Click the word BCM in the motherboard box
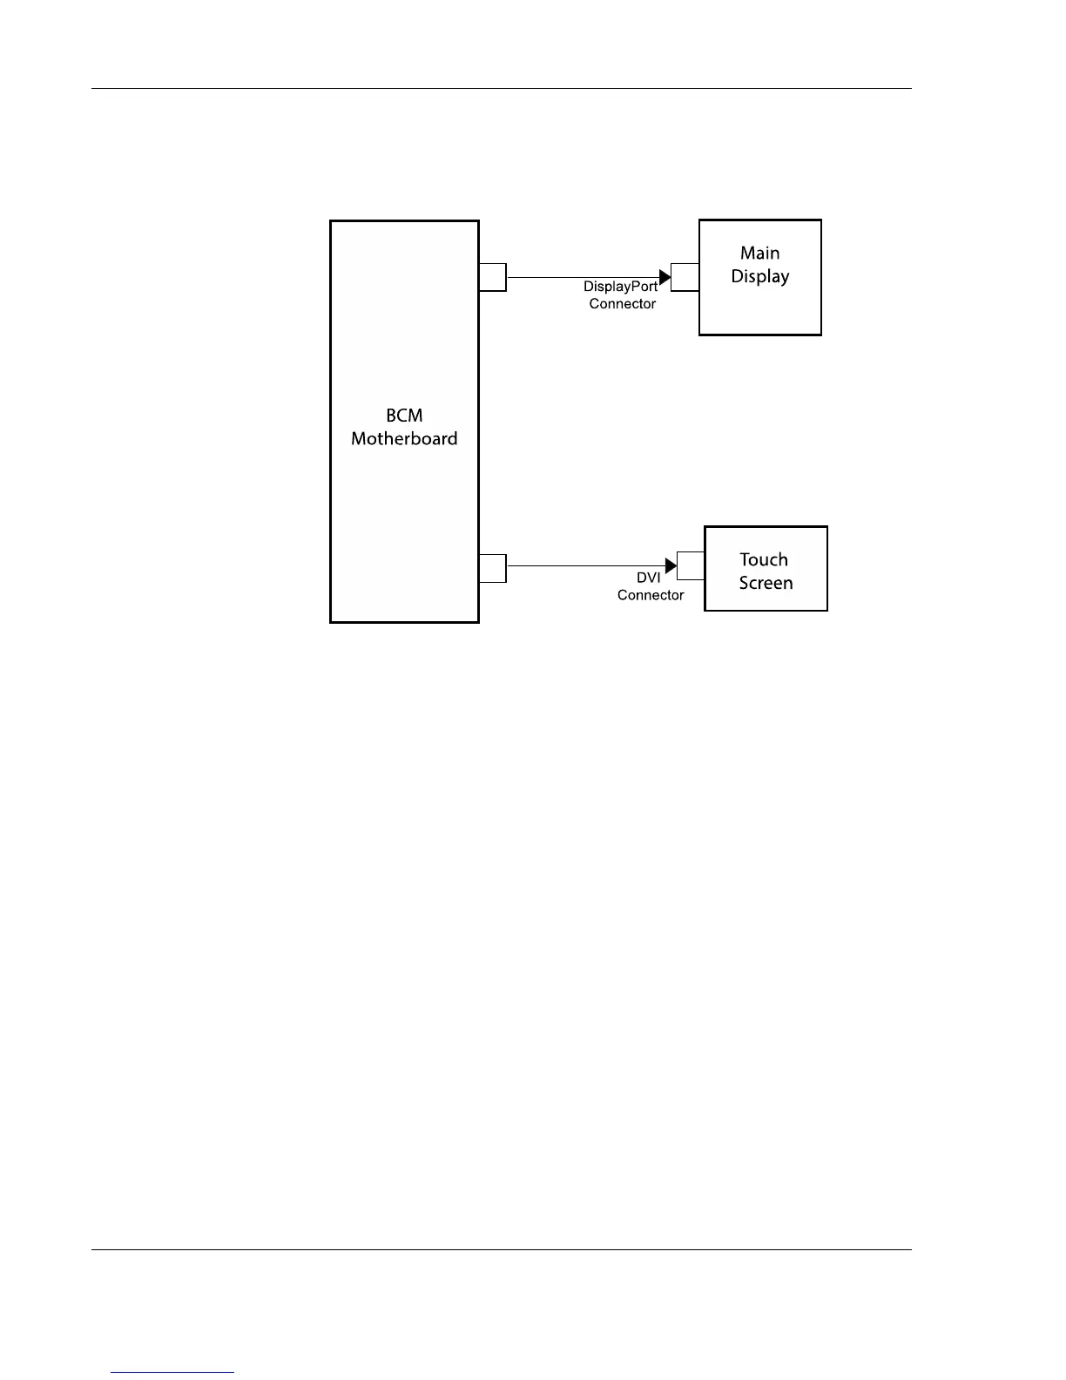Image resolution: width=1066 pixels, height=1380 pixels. pyautogui.click(x=404, y=416)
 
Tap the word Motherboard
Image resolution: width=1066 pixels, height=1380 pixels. pyautogui.click(x=404, y=439)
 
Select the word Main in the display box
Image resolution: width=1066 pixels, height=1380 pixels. pyautogui.click(x=759, y=254)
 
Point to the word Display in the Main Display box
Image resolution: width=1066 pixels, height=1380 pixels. pyautogui.click(x=759, y=277)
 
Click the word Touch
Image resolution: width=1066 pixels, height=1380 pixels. pyautogui.click(x=764, y=560)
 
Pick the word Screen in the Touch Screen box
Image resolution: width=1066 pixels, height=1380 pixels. pyautogui.click(x=766, y=584)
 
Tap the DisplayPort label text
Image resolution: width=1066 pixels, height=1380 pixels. pyautogui.click(x=620, y=287)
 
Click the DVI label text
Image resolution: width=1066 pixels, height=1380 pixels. pyautogui.click(x=648, y=578)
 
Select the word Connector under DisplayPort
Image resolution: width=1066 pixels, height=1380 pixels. pyautogui.click(x=622, y=304)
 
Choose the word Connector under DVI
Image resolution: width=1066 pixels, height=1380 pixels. pyautogui.click(x=651, y=595)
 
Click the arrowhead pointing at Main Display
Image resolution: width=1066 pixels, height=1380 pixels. pyautogui.click(x=665, y=278)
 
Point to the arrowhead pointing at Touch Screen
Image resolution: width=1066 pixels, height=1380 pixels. pyautogui.click(x=671, y=566)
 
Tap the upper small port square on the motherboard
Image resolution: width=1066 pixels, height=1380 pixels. pyautogui.click(x=493, y=277)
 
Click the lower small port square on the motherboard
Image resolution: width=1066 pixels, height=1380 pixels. pyautogui.click(x=493, y=568)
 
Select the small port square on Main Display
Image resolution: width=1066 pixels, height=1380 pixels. pyautogui.click(x=685, y=277)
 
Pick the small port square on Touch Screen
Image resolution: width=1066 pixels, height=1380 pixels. pyautogui.click(x=691, y=565)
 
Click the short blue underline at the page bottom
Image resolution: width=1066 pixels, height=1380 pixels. pyautogui.click(x=172, y=1373)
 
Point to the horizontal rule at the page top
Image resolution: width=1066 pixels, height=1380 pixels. pyautogui.click(x=502, y=89)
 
